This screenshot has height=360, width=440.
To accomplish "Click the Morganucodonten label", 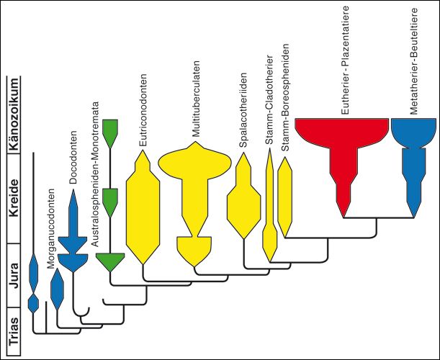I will (x=50, y=229).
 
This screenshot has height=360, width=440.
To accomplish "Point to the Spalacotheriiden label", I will (x=243, y=109).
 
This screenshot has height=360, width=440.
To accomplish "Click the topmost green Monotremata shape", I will (x=109, y=129).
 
